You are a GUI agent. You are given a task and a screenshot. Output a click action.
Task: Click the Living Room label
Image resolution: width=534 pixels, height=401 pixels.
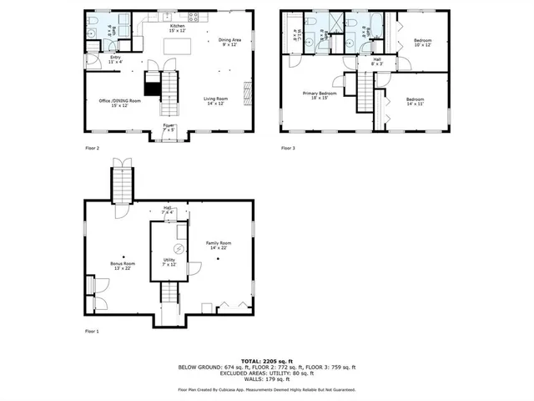tap(216, 101)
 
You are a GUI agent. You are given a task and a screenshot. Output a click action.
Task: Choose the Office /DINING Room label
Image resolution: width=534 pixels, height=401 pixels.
tap(120, 103)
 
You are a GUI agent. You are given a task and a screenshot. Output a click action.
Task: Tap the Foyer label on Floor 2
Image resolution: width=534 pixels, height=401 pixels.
tap(169, 128)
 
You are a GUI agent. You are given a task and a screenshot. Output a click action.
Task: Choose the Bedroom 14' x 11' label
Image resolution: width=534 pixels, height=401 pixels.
tap(415, 101)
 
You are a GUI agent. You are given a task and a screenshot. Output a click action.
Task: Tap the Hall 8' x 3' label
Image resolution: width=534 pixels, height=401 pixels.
tap(376, 61)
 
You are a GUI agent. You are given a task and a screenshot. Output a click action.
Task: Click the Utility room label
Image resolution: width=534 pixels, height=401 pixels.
tap(169, 261)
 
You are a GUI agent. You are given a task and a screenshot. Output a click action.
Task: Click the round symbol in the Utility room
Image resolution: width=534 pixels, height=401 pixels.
tap(177, 249)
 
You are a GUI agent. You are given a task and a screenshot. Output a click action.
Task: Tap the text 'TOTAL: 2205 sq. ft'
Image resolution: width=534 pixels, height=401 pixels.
tap(266, 360)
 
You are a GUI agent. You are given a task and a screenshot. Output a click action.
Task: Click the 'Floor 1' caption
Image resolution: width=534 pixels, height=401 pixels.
tap(92, 332)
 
